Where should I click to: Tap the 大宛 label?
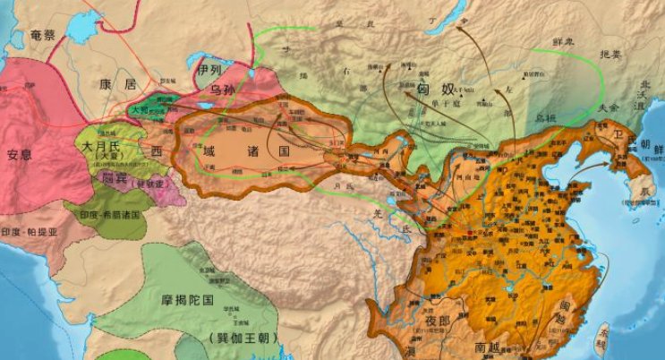point(141,111)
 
